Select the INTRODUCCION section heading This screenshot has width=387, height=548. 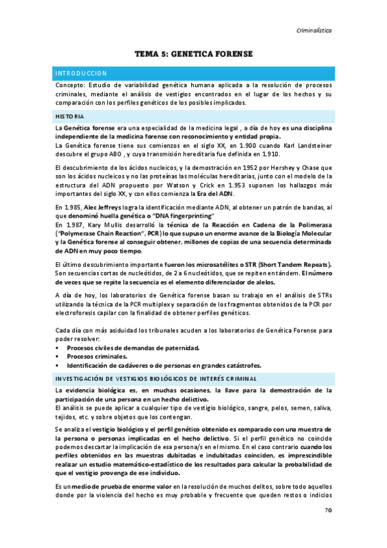click(x=81, y=73)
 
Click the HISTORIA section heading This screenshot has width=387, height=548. click(x=69, y=116)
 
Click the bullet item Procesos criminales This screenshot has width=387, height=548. click(x=97, y=355)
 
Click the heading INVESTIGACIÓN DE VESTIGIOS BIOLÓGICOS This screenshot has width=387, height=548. click(x=156, y=378)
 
